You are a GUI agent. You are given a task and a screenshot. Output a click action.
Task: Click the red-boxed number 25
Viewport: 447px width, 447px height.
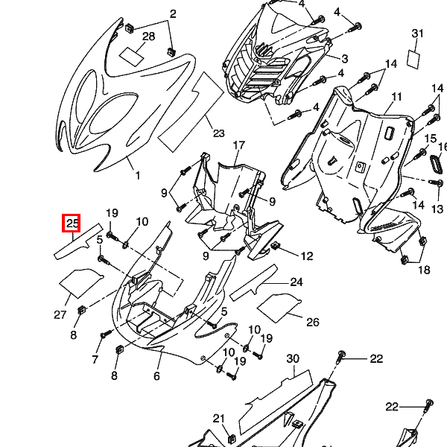click(72, 222)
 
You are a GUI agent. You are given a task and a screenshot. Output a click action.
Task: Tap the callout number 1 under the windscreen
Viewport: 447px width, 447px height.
click(137, 176)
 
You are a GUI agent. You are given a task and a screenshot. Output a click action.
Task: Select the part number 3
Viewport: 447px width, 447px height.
click(345, 59)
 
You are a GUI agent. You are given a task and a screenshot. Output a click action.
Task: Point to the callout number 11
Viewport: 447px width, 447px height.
click(396, 97)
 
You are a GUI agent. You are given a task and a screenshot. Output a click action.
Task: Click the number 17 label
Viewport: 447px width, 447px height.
click(239, 145)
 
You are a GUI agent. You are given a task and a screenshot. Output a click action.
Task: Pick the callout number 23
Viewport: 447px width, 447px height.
click(218, 134)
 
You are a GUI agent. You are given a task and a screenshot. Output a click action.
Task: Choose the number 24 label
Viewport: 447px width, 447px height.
click(297, 282)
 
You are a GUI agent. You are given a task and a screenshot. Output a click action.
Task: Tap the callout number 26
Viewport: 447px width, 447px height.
click(313, 322)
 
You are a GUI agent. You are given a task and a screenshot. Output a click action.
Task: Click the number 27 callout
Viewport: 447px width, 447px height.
click(60, 314)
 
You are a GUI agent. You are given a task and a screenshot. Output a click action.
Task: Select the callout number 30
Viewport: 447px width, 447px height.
click(293, 358)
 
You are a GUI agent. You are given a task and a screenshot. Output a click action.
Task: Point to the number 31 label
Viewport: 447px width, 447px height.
click(417, 34)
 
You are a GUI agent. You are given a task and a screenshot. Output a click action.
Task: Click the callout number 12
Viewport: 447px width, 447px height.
click(307, 256)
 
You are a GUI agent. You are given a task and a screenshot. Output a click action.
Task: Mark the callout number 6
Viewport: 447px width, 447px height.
click(157, 376)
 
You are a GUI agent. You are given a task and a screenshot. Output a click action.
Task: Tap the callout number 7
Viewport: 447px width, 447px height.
click(95, 360)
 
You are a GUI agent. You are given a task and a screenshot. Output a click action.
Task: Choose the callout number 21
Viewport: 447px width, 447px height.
click(218, 418)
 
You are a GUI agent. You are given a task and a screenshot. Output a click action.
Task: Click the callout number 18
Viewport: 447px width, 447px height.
click(423, 270)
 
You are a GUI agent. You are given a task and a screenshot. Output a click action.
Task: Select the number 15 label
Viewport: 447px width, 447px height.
click(430, 139)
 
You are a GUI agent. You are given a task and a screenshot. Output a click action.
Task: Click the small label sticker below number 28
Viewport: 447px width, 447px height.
click(135, 54)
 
